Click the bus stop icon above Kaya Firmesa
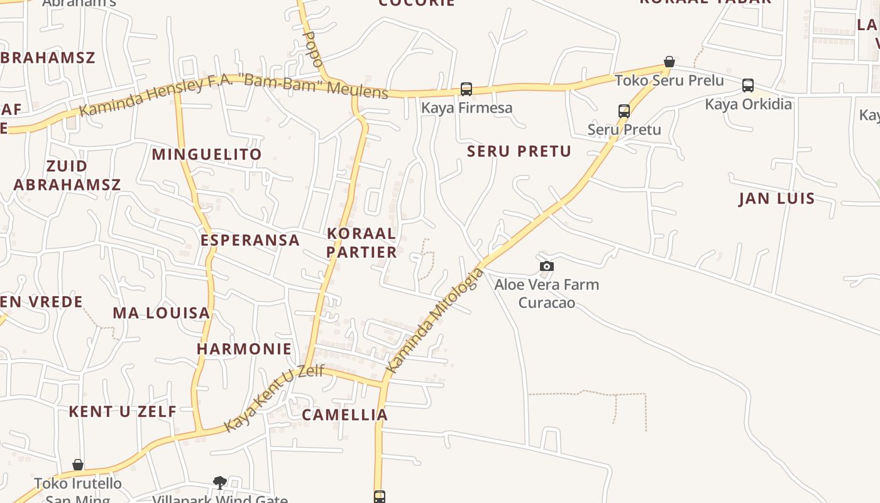click(466, 89)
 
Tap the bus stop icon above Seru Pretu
click(624, 111)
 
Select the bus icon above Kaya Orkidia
click(747, 86)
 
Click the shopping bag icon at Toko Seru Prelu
click(669, 62)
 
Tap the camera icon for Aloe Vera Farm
click(547, 267)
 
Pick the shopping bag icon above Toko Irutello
click(78, 465)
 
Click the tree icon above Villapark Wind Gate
click(219, 482)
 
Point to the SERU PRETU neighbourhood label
click(519, 152)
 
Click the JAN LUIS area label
click(777, 199)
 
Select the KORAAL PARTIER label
click(362, 243)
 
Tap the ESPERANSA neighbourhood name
click(250, 240)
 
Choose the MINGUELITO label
click(207, 155)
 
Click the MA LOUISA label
click(161, 313)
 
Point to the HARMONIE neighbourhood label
click(245, 349)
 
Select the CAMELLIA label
click(344, 415)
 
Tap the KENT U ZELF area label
click(123, 412)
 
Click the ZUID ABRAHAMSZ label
click(67, 175)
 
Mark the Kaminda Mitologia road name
click(435, 320)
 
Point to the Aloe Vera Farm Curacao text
click(546, 294)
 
